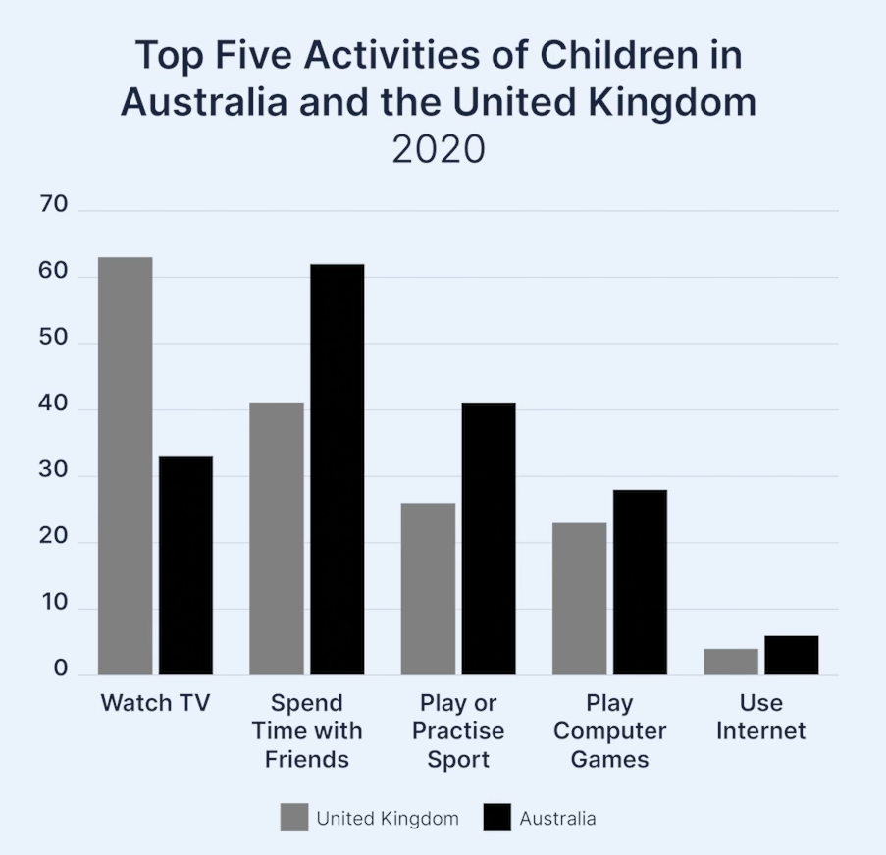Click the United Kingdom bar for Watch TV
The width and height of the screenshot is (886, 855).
pos(126,466)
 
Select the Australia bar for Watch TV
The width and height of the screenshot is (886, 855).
pos(185,565)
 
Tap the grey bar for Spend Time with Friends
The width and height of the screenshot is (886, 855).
pos(277,539)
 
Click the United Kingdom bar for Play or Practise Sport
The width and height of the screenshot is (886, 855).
pos(428,589)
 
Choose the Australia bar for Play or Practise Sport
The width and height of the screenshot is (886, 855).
pos(489,539)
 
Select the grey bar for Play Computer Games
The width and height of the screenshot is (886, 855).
pos(579,599)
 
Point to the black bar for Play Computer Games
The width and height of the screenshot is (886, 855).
pos(640,582)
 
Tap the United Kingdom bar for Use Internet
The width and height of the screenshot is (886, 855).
pos(731,662)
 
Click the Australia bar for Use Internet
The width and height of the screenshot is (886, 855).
pos(792,655)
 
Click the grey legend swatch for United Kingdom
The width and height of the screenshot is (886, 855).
pos(293,818)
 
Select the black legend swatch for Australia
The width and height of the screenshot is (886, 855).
pos(497,818)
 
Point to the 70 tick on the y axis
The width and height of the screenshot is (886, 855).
pos(54,205)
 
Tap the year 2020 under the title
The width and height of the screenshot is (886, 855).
pos(439,150)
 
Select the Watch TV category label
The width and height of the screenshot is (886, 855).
pos(156,703)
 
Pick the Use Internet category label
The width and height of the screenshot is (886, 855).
pos(760,717)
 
